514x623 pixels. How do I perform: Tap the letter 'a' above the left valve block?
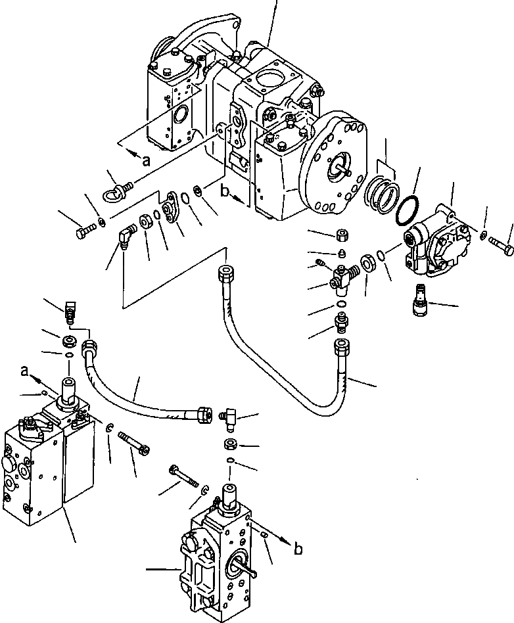click(x=24, y=372)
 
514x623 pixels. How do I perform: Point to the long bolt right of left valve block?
click(x=135, y=441)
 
